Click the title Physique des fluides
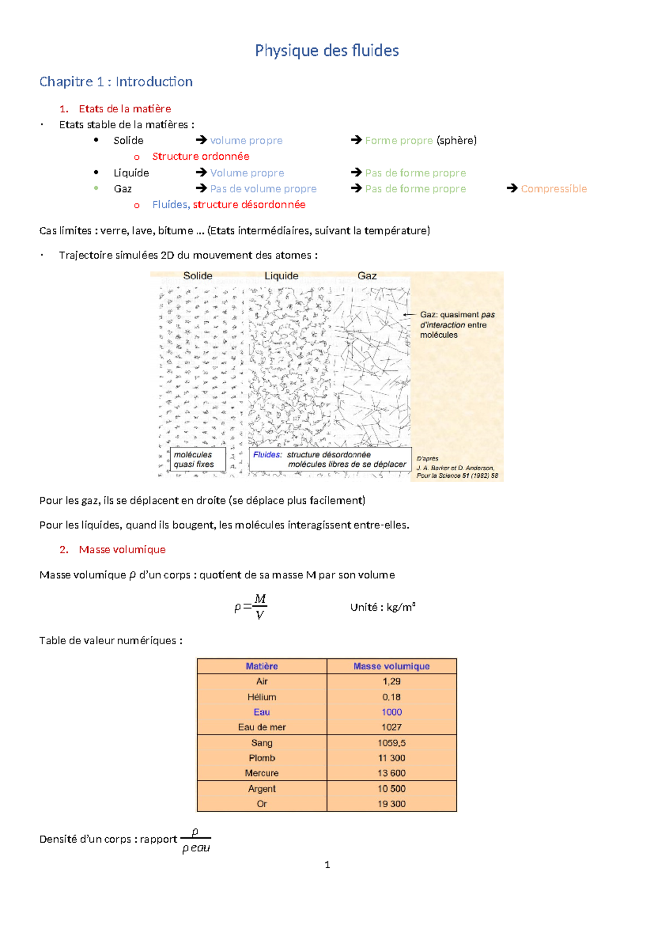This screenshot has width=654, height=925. click(326, 51)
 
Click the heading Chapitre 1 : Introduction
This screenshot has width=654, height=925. click(116, 82)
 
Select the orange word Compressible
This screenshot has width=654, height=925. click(554, 189)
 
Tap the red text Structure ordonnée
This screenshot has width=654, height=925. click(201, 157)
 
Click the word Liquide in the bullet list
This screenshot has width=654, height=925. click(131, 173)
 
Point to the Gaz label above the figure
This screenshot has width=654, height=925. click(367, 276)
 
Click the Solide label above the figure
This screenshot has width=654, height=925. click(197, 276)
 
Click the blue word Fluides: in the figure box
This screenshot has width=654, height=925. click(267, 455)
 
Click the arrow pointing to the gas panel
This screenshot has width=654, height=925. click(409, 315)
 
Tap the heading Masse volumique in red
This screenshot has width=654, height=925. click(122, 550)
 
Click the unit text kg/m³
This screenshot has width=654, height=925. click(401, 607)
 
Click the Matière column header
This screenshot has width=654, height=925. click(262, 666)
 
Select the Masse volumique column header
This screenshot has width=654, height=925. click(391, 666)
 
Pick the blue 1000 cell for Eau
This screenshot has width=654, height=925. click(391, 712)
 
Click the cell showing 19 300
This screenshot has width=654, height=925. click(391, 804)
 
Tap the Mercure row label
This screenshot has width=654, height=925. click(262, 773)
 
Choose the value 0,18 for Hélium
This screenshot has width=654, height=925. click(391, 697)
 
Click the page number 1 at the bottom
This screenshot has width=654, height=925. click(327, 864)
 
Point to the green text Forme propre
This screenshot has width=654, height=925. click(398, 141)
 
